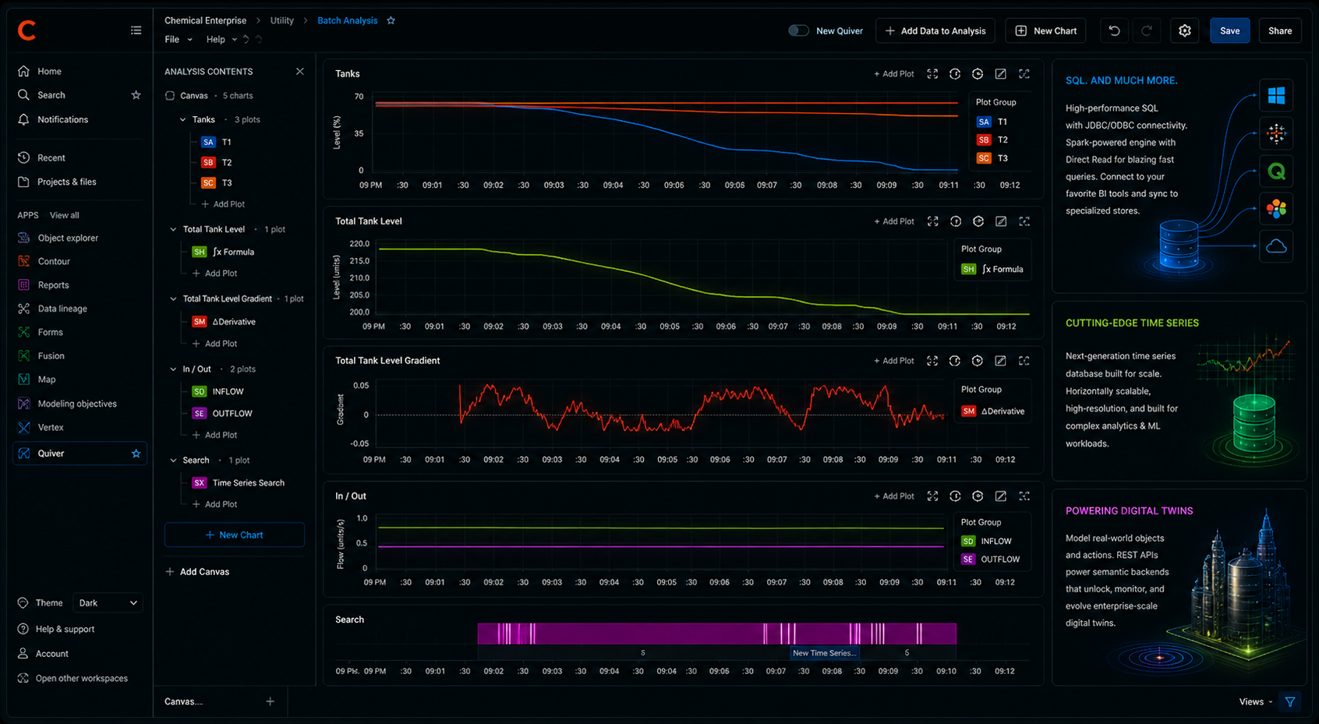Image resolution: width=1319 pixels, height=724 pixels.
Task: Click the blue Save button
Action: pos(1229,30)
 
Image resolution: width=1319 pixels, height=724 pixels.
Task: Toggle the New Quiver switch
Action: pos(798,30)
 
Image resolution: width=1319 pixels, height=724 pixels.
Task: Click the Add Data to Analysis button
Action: pos(935,30)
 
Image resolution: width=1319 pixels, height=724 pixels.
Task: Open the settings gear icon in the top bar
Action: pos(1185,30)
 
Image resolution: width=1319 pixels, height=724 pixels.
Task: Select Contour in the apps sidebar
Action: pos(54,261)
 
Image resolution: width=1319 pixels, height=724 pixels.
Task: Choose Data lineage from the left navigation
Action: pos(62,309)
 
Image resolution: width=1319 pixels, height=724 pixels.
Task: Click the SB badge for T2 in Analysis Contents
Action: pos(208,162)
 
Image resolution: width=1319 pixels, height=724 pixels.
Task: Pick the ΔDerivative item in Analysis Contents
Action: pos(234,322)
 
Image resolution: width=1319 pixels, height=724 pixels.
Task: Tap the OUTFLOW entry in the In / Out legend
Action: pos(1000,560)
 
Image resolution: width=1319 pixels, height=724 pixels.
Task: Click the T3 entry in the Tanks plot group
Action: pos(1003,158)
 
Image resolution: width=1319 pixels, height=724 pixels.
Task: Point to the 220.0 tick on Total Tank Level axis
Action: pos(359,244)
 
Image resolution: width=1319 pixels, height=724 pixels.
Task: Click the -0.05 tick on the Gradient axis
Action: pos(359,443)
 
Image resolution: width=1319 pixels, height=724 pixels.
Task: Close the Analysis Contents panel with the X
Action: pos(299,71)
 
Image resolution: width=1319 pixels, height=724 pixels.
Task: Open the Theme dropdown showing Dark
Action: pos(108,602)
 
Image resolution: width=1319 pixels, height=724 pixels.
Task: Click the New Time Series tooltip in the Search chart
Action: pos(825,653)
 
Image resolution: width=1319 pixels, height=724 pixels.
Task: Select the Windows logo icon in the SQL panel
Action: pos(1276,95)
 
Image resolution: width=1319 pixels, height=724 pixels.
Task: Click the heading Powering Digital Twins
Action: pos(1130,511)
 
